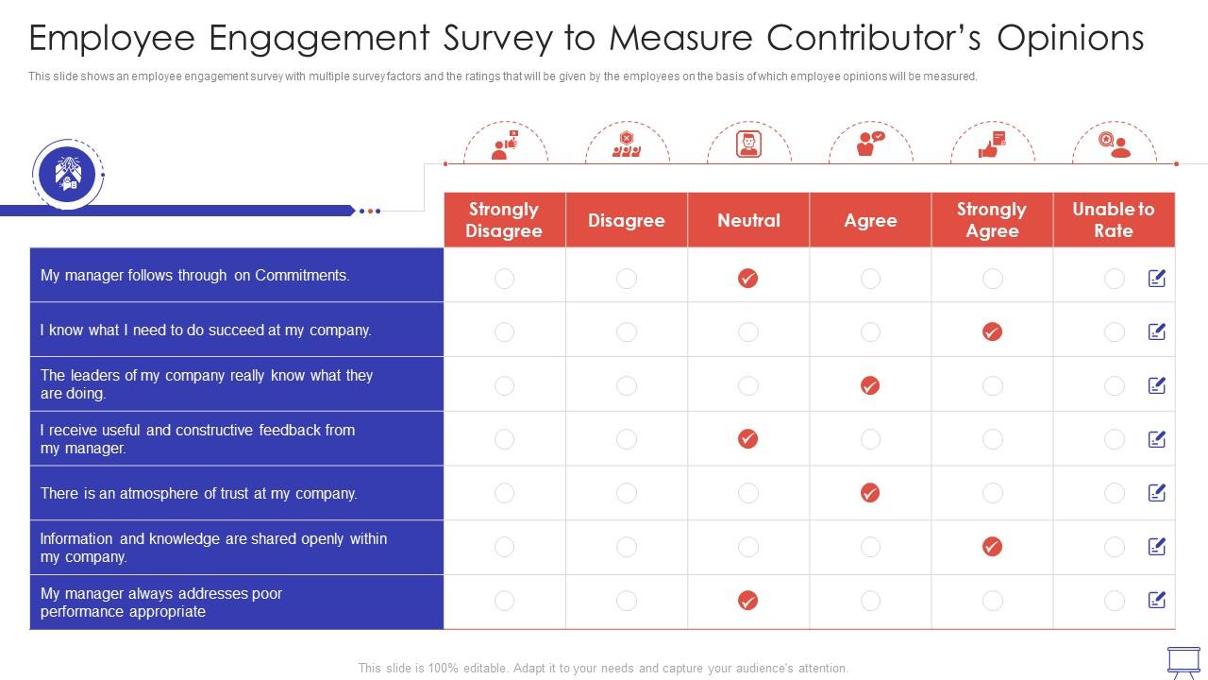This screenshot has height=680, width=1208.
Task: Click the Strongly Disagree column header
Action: tap(504, 220)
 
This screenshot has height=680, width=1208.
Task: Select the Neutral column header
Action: tap(748, 220)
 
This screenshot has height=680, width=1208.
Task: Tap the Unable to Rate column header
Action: tap(1114, 220)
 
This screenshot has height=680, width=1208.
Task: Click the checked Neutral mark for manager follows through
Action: tap(747, 278)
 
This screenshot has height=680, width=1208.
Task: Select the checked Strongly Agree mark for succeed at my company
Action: tap(992, 331)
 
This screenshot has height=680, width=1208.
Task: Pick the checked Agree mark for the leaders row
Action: tap(870, 385)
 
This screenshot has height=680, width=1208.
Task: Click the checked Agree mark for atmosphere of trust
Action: tap(870, 493)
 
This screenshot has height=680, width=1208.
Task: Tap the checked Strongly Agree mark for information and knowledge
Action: tap(992, 547)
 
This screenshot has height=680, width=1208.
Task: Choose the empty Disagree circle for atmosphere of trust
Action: tap(627, 493)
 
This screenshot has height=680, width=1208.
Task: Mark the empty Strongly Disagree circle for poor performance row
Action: tap(505, 601)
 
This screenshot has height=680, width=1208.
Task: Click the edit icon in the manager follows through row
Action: tap(1157, 278)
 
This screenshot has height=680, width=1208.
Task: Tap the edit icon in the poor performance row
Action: tap(1157, 601)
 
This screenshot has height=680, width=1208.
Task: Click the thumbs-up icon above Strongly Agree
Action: tap(992, 145)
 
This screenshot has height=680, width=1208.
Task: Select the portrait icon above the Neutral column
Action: tap(748, 145)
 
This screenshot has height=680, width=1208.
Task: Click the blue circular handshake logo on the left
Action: tap(68, 174)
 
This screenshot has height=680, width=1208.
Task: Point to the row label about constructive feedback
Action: tap(197, 439)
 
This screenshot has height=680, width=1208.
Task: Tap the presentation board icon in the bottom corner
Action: tap(1183, 660)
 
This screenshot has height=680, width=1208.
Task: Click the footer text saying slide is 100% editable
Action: tap(603, 668)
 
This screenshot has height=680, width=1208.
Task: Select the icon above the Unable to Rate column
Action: tap(1114, 145)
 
